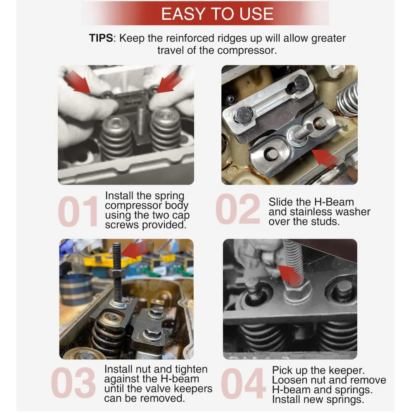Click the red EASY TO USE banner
tap(205, 14)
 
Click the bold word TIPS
tap(101, 38)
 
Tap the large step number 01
tap(78, 211)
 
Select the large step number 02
tap(238, 209)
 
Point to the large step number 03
tap(73, 383)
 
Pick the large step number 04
tap(243, 384)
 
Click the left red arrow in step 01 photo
tap(78, 82)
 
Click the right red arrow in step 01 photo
tap(169, 81)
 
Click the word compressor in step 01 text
tap(133, 206)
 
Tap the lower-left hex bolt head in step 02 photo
tap(244, 115)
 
